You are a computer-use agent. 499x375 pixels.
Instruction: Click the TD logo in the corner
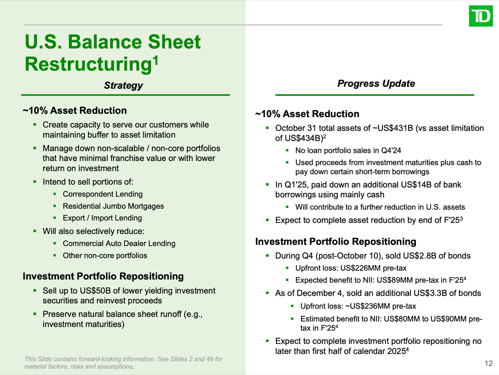pyautogui.click(x=481, y=16)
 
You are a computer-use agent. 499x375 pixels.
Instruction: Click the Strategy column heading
pyautogui.click(x=123, y=85)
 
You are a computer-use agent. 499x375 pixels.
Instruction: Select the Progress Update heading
pyautogui.click(x=376, y=84)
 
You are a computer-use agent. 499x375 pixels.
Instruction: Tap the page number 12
pyautogui.click(x=489, y=363)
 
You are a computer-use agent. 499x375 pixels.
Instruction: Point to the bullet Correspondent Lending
pyautogui.click(x=102, y=194)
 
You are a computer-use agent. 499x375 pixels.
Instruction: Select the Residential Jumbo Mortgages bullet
pyautogui.click(x=113, y=206)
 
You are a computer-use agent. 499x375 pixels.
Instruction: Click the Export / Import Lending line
pyautogui.click(x=102, y=218)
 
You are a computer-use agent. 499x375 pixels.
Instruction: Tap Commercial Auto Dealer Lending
pyautogui.click(x=119, y=244)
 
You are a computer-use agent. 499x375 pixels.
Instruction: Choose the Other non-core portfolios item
pyautogui.click(x=105, y=256)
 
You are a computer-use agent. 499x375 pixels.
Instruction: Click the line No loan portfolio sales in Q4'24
pyautogui.click(x=348, y=151)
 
